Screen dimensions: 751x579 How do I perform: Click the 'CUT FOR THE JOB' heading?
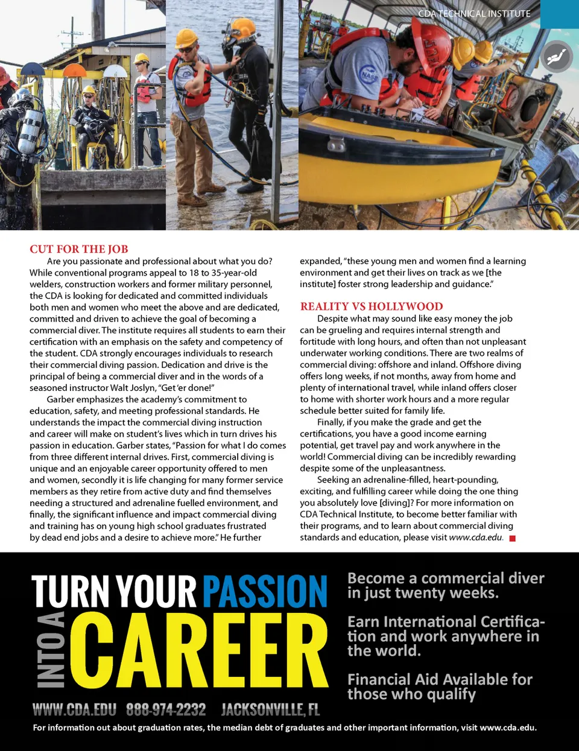click(79, 249)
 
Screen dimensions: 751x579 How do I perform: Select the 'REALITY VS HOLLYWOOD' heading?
click(372, 306)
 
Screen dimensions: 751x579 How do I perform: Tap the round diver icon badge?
click(556, 57)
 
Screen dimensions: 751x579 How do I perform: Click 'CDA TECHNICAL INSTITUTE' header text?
click(474, 13)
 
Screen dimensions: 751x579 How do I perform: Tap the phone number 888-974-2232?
click(166, 709)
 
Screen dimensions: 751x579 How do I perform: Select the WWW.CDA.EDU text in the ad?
click(75, 709)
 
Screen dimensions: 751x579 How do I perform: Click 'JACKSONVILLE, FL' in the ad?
click(270, 709)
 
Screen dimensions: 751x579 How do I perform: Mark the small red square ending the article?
click(513, 538)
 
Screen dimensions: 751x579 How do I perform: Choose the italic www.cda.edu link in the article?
click(476, 537)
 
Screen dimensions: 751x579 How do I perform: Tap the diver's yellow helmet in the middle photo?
click(242, 28)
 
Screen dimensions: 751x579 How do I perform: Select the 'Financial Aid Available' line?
click(440, 680)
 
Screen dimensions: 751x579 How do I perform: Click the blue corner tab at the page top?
click(559, 14)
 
